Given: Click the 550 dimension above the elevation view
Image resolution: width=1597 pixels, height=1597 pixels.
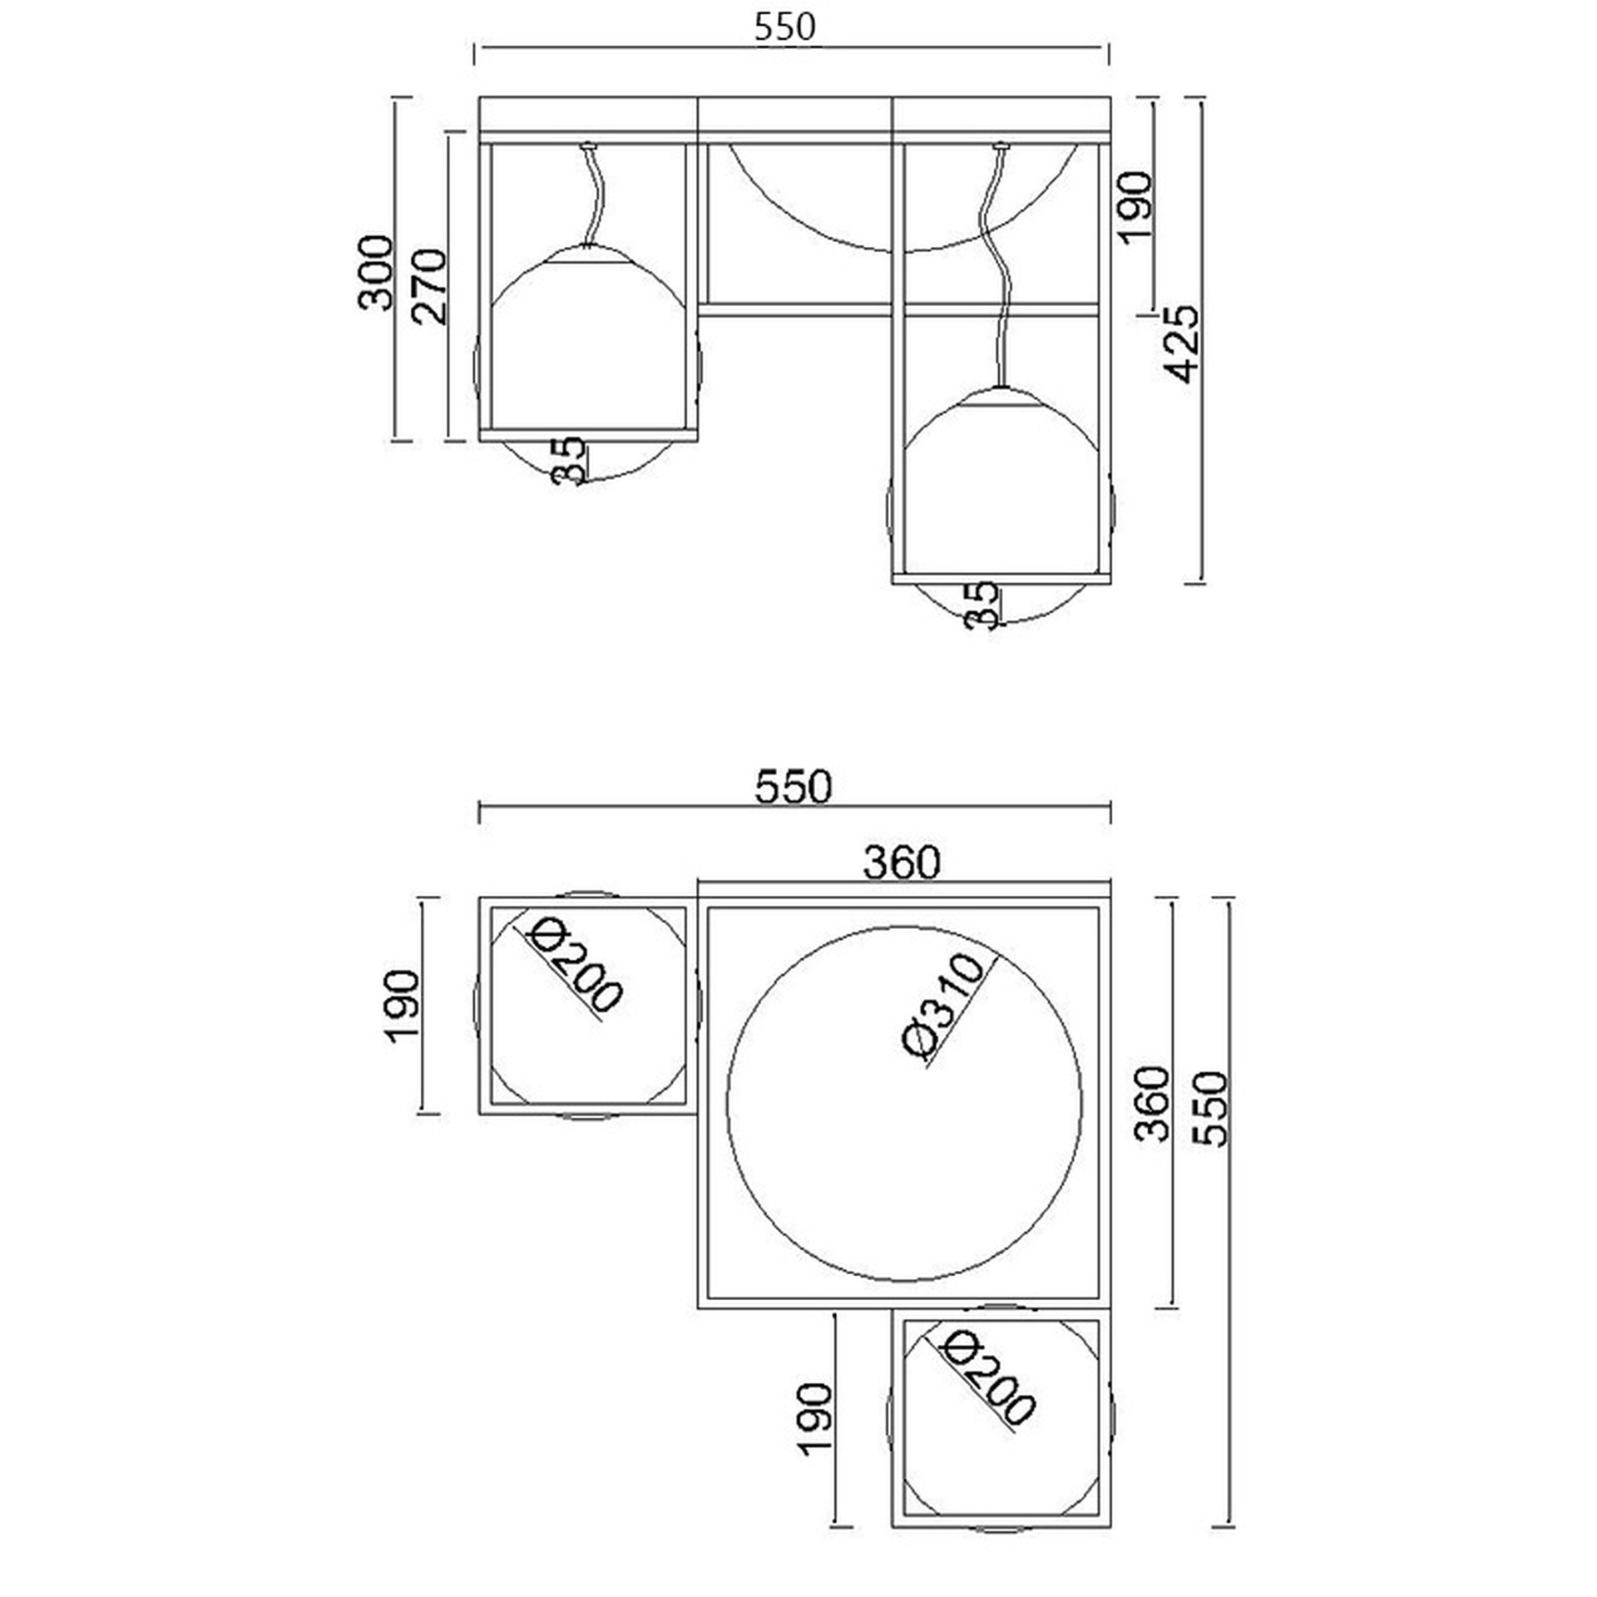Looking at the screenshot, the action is (x=785, y=27).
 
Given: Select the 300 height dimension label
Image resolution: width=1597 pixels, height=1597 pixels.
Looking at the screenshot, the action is (x=375, y=273).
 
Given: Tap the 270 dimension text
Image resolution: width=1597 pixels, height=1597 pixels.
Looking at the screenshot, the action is (x=431, y=285).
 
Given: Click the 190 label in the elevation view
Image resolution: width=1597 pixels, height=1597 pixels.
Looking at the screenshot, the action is (x=1135, y=206).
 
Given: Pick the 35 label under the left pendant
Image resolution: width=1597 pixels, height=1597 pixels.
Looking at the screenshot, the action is (x=571, y=460).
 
